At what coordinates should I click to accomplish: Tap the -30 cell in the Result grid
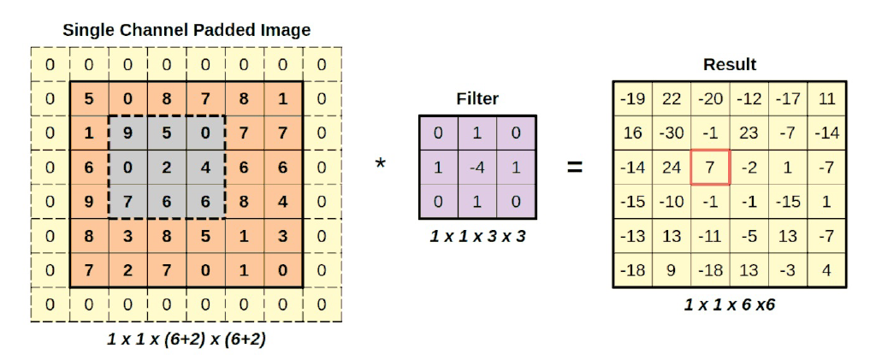[672, 133]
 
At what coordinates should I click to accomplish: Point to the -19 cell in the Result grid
[632, 98]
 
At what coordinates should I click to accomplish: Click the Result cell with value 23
[749, 133]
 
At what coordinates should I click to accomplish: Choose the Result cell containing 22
[672, 98]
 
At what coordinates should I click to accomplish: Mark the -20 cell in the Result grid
[710, 98]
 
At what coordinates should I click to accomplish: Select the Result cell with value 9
[672, 270]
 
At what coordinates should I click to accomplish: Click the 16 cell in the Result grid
[632, 133]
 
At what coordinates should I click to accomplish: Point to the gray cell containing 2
[167, 168]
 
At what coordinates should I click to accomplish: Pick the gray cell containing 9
[127, 133]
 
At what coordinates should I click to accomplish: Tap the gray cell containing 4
[205, 168]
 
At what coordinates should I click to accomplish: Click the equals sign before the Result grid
[575, 167]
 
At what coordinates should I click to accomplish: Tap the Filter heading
[477, 99]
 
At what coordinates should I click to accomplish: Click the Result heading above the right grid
[729, 65]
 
